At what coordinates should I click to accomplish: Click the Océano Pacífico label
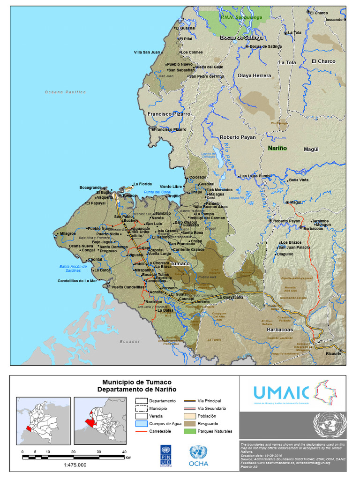pyautogui.click(x=65, y=92)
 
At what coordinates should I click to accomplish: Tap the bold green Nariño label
pyautogui.click(x=277, y=148)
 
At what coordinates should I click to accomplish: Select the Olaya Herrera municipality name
pyautogui.click(x=254, y=75)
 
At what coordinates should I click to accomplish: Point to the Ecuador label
pyautogui.click(x=130, y=341)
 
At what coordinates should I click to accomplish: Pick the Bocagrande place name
pyautogui.click(x=90, y=187)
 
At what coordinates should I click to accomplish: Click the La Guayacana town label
pyautogui.click(x=230, y=297)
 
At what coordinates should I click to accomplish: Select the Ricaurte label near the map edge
pyautogui.click(x=334, y=354)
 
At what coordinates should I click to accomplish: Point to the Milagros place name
pyautogui.click(x=67, y=233)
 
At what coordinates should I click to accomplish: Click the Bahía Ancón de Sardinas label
pyautogui.click(x=73, y=269)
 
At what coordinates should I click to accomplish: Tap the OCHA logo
pyautogui.click(x=198, y=456)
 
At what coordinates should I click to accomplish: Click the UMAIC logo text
pyautogui.click(x=281, y=392)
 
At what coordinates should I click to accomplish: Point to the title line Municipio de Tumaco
pyautogui.click(x=137, y=382)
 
